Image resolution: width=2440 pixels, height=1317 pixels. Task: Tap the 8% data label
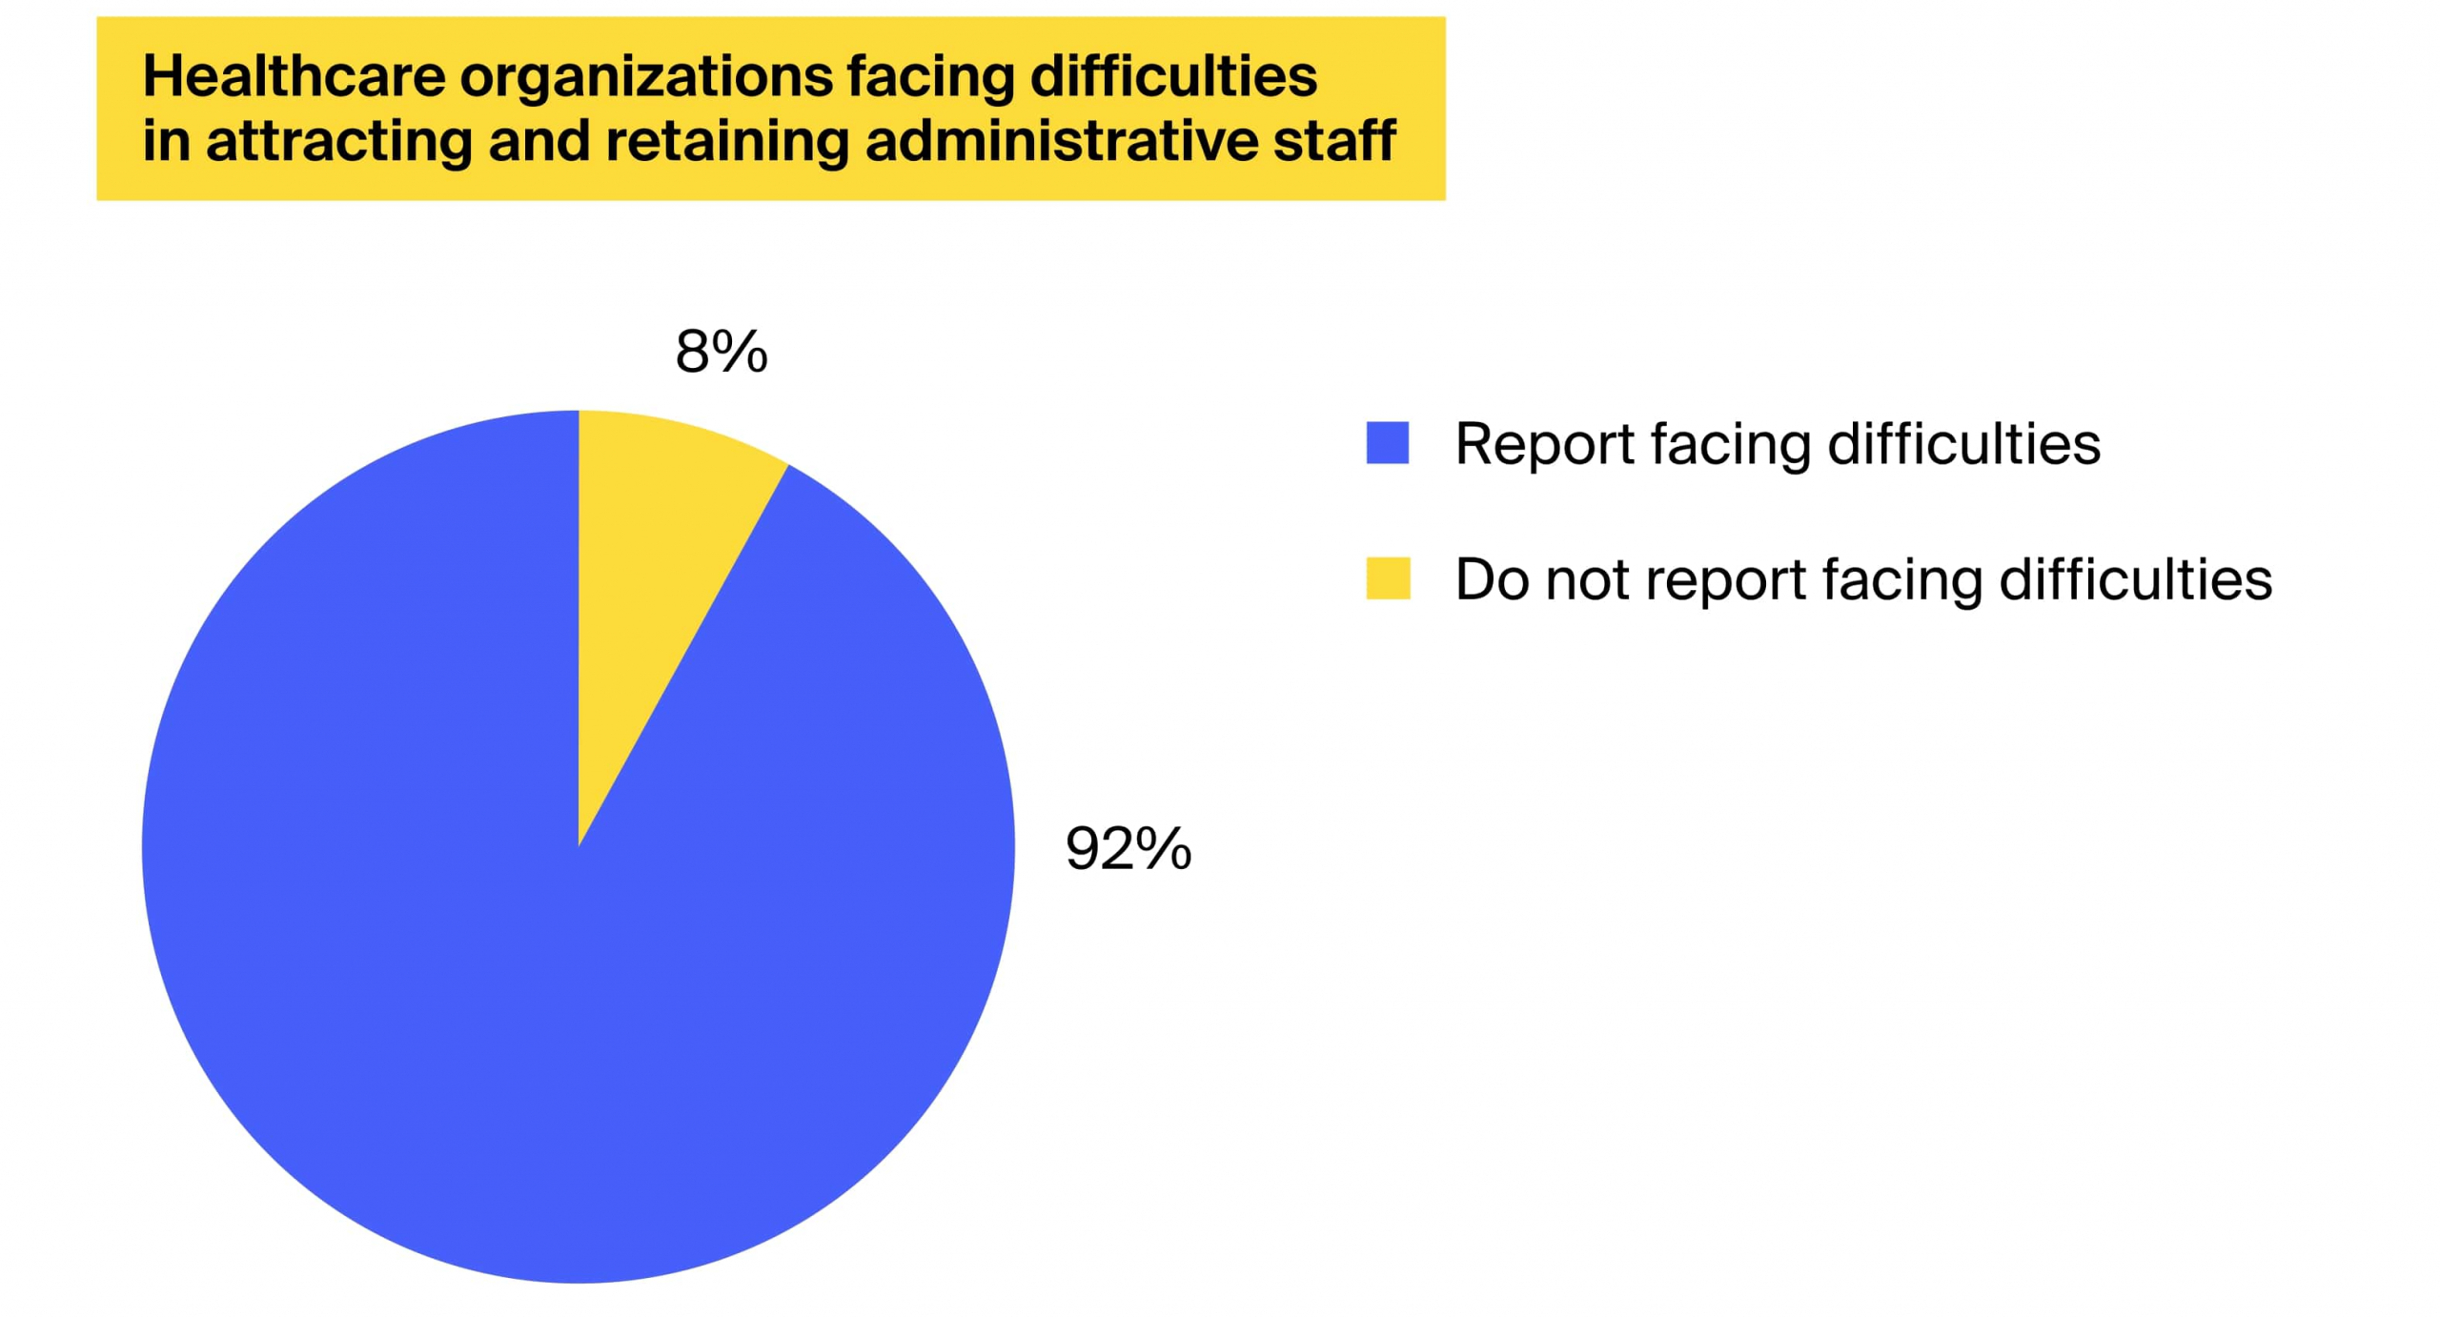[721, 352]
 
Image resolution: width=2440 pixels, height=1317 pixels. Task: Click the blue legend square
[1387, 443]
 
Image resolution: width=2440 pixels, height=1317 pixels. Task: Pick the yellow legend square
[1387, 578]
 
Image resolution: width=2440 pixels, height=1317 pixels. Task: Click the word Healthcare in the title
[294, 76]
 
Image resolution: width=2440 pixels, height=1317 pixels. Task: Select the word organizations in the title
[646, 76]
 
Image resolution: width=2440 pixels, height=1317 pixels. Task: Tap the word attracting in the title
[338, 141]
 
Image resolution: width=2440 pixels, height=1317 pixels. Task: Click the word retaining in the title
[725, 141]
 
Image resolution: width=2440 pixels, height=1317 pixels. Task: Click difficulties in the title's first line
[1173, 76]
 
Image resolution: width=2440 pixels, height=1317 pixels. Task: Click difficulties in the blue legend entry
[1963, 444]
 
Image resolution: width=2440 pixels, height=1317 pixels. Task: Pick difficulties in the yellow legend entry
[2135, 579]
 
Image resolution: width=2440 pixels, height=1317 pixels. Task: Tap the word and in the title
[539, 141]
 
